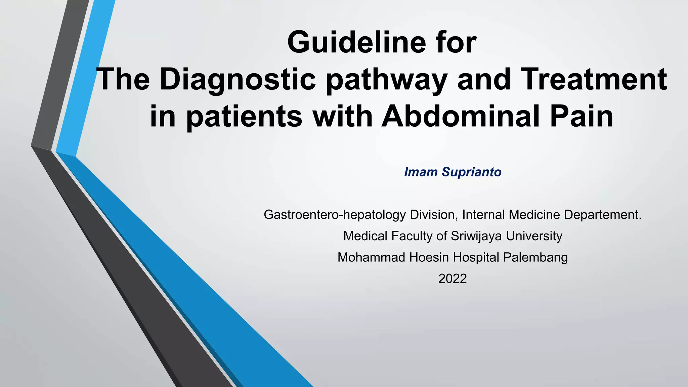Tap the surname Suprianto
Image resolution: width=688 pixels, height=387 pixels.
pyautogui.click(x=472, y=172)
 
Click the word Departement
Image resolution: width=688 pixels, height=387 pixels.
pyautogui.click(x=603, y=215)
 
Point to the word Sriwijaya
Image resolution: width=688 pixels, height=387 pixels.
pyautogui.click(x=477, y=236)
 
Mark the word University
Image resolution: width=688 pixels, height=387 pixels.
pyautogui.click(x=534, y=236)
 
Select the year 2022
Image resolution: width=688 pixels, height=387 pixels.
pyautogui.click(x=453, y=279)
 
